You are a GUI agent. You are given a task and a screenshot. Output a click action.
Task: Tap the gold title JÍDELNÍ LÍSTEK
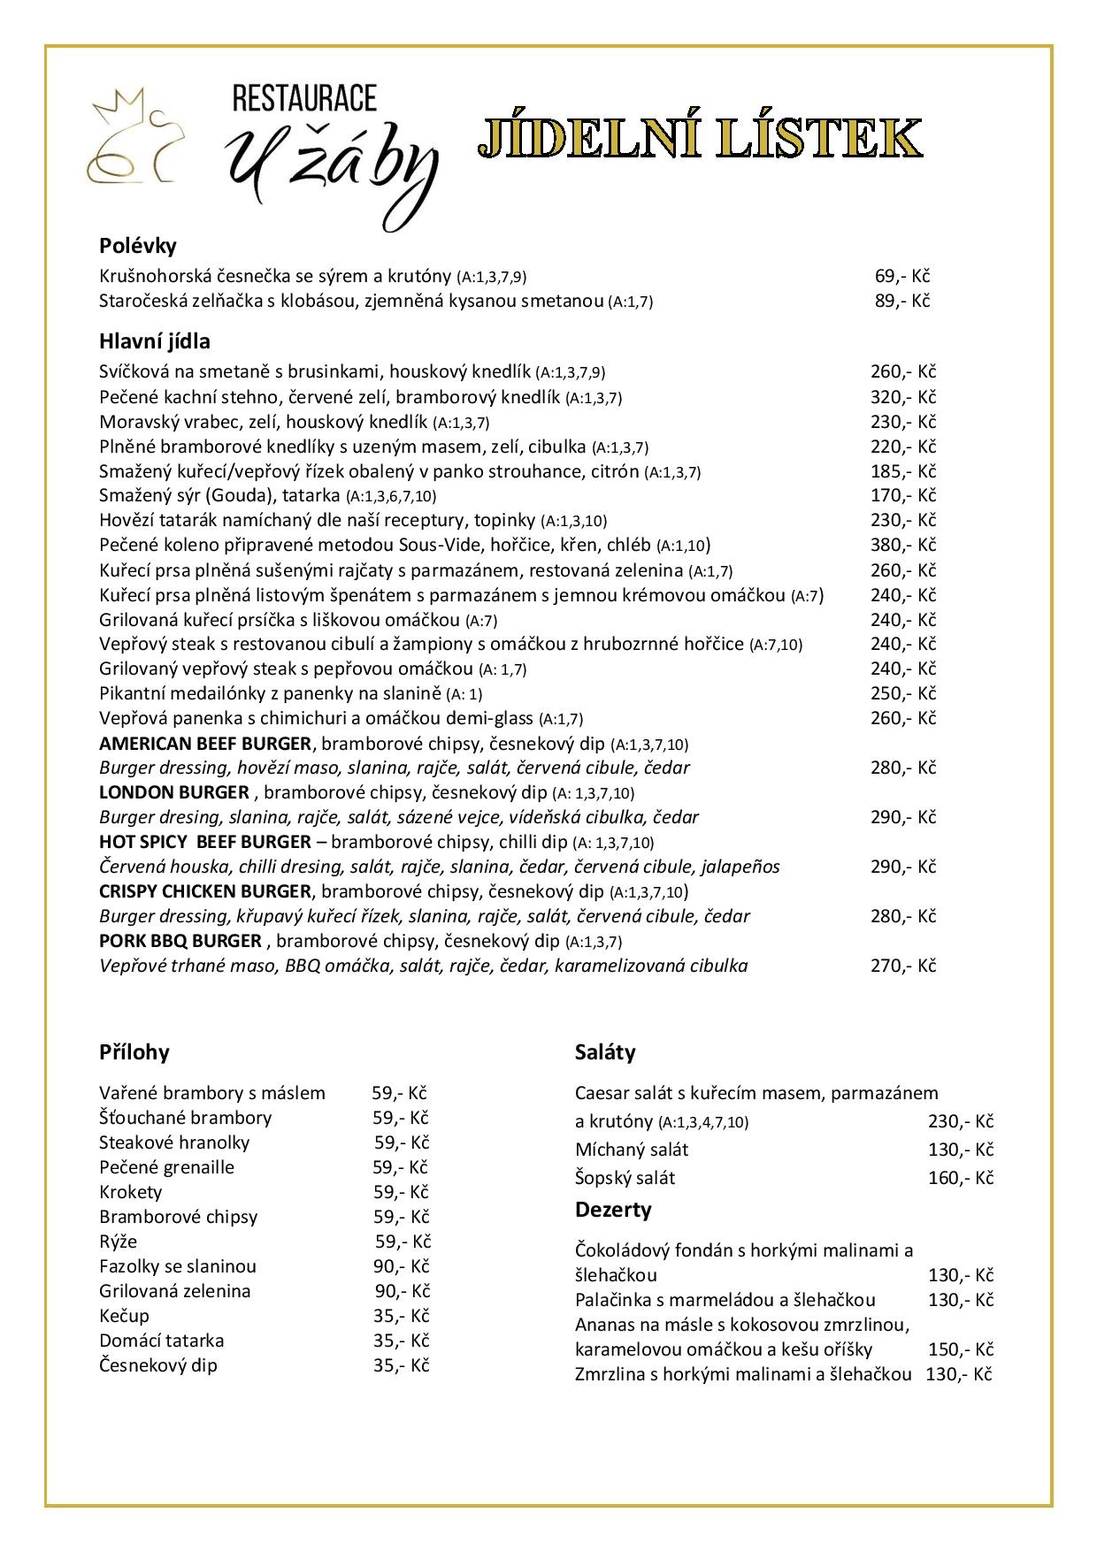pos(700,139)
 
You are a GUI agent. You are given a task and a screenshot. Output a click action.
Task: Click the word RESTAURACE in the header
pos(304,98)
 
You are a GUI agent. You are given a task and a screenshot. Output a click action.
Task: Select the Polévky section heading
pos(138,245)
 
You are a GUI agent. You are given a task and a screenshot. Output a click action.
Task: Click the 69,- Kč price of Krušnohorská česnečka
pos(902,276)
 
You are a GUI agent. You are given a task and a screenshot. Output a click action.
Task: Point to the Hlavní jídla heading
pos(155,341)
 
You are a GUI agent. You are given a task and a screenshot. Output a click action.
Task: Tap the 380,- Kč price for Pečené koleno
pos(902,545)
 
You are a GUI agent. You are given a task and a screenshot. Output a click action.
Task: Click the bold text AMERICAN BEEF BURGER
pos(205,744)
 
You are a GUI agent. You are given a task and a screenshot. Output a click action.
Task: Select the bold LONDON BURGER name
pos(174,792)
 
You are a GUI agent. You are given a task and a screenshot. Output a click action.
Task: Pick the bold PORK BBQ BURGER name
pos(180,941)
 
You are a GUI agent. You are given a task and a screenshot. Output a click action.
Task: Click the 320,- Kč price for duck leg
pos(902,397)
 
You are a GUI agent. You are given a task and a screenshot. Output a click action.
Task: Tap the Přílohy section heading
pos(134,1052)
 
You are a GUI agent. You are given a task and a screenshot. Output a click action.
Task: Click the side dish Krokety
pos(131,1192)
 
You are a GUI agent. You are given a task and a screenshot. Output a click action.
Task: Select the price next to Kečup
pos(401,1316)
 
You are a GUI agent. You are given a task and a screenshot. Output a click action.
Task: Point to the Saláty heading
pos(605,1052)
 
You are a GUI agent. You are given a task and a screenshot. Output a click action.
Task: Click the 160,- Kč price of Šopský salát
pos(961,1178)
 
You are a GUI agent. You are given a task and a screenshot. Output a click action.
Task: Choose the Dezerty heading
pos(613,1210)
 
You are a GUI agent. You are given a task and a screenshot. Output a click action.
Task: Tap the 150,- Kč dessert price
pos(961,1349)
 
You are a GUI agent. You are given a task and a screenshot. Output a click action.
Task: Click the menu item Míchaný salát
pos(632,1150)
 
